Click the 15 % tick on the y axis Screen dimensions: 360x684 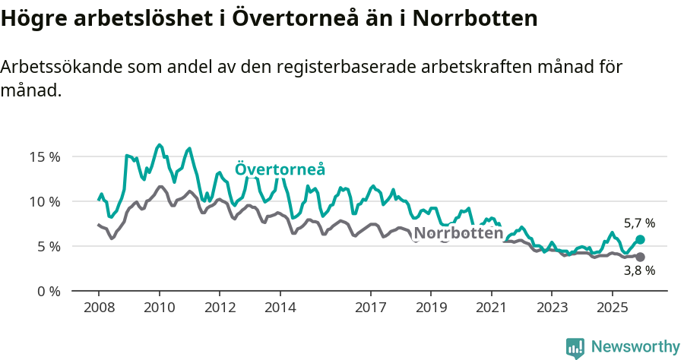click(x=44, y=157)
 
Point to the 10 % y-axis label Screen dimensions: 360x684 click(x=44, y=201)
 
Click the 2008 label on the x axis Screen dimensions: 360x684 click(x=99, y=308)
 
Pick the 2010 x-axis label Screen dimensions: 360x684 click(x=159, y=308)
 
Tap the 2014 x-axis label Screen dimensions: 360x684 click(x=280, y=308)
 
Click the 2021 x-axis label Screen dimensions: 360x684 click(x=491, y=308)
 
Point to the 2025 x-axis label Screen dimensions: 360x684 click(x=612, y=308)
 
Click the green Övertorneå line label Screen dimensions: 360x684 click(x=280, y=169)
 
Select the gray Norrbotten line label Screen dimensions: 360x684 click(x=459, y=233)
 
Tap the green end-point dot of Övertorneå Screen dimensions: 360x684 click(x=640, y=240)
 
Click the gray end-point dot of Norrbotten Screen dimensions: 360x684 click(x=640, y=257)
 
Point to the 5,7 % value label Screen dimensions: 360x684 click(x=639, y=223)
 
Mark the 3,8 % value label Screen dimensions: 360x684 click(x=639, y=271)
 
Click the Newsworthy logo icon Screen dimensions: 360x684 click(x=575, y=348)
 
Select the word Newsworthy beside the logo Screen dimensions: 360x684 click(x=635, y=347)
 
